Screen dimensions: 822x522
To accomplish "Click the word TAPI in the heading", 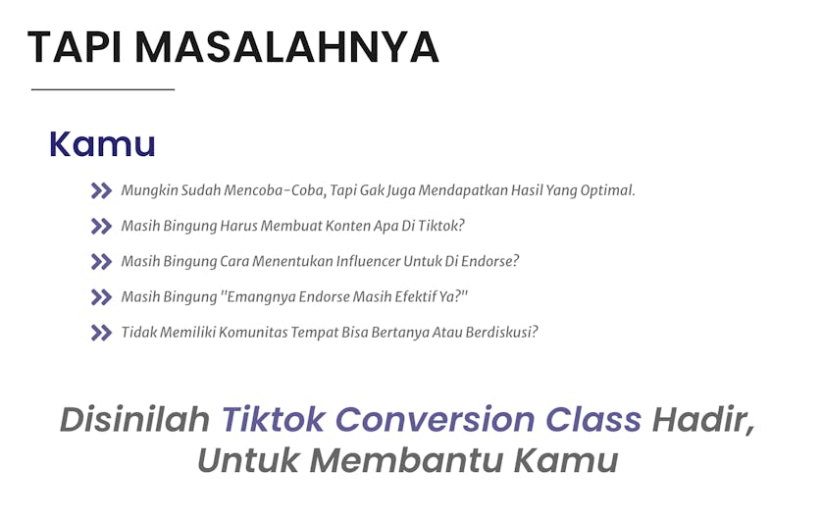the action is tap(75, 47).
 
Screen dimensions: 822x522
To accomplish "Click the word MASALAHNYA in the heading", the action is tap(286, 47).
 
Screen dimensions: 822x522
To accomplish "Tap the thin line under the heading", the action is tap(103, 89).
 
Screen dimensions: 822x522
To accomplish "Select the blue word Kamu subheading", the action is tap(102, 144).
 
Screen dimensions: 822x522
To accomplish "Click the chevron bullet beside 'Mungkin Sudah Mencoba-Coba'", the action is tap(101, 190).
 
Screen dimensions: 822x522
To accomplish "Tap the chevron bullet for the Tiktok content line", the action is tap(101, 226).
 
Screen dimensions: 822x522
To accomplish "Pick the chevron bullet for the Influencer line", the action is tap(101, 262).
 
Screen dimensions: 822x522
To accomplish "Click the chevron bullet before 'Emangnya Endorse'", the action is tap(101, 297).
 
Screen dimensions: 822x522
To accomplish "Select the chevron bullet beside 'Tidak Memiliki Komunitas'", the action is tap(101, 333).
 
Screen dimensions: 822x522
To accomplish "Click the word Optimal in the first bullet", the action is tap(607, 190).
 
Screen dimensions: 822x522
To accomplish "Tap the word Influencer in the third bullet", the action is tap(368, 261).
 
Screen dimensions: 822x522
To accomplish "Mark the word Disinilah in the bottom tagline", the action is tap(134, 420).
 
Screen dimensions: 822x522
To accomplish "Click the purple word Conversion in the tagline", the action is tap(435, 420).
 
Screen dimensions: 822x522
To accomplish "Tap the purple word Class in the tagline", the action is tap(593, 420).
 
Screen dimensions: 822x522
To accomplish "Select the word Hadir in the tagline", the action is tap(703, 421).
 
